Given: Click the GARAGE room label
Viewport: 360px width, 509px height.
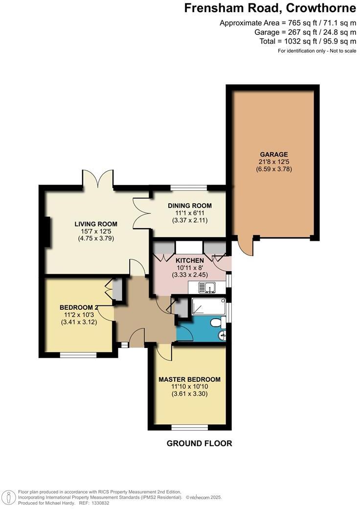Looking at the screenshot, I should (x=273, y=154).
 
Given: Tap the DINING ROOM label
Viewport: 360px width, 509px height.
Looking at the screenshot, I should (x=190, y=206).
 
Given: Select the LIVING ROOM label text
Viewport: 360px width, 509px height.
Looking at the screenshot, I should (x=96, y=224).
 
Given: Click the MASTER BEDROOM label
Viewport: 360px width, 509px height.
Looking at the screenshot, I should (x=189, y=379).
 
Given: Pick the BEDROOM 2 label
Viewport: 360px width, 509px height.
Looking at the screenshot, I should (x=79, y=307).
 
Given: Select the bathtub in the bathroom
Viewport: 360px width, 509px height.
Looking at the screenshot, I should (x=208, y=306).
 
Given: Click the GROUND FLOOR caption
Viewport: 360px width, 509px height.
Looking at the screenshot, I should (x=199, y=443).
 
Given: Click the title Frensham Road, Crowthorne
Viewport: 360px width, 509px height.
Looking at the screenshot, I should (x=270, y=8).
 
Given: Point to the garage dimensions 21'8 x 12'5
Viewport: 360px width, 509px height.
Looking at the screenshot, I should (x=273, y=162).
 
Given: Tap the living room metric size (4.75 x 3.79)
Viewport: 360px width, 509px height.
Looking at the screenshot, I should (x=96, y=239).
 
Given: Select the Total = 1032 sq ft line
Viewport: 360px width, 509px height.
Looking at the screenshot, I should (x=308, y=42).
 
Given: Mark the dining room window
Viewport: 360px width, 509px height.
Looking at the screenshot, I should (x=188, y=187).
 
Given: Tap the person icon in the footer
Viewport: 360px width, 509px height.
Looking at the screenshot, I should (x=8, y=497).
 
